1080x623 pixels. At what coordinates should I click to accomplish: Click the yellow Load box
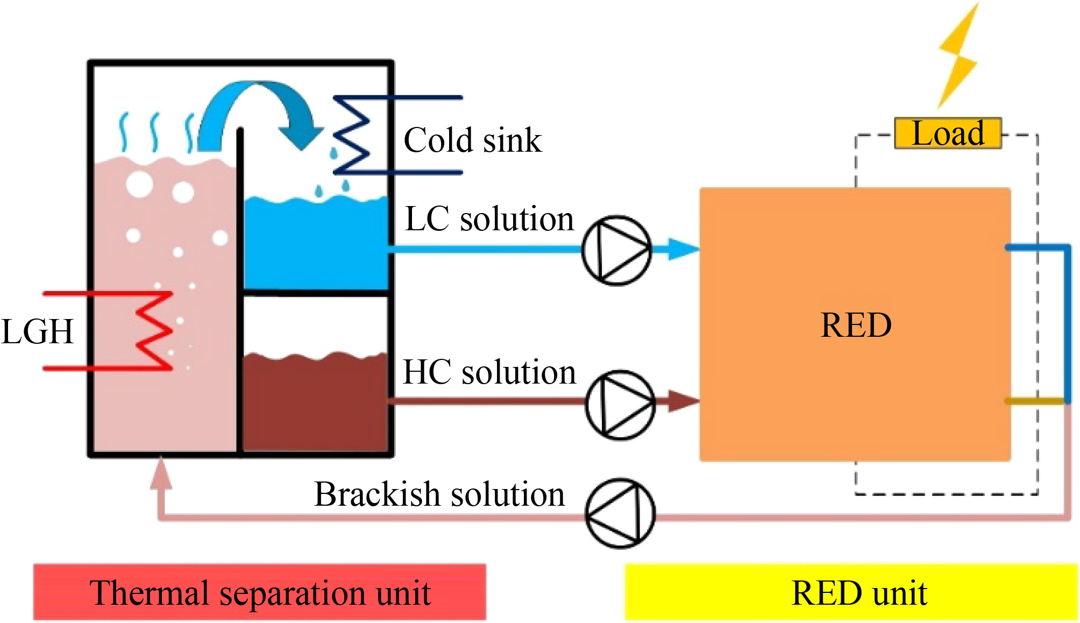(948, 133)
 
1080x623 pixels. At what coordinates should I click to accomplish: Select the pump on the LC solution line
(617, 250)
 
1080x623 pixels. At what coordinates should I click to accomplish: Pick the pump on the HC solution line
(620, 404)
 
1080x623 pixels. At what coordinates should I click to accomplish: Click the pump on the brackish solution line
(620, 513)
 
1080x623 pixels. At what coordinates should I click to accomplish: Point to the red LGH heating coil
(153, 331)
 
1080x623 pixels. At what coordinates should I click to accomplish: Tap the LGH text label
(37, 331)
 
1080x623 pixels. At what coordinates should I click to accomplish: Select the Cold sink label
(472, 140)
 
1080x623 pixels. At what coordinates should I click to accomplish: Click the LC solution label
(489, 219)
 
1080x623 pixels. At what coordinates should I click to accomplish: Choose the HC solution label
(489, 372)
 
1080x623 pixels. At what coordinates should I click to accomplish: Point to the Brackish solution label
(439, 494)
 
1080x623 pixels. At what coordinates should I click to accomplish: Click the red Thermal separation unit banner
(260, 592)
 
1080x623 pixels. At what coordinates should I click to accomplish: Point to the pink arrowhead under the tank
(161, 473)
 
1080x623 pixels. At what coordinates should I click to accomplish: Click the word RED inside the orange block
(856, 325)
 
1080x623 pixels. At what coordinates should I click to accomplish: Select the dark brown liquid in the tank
(315, 403)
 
